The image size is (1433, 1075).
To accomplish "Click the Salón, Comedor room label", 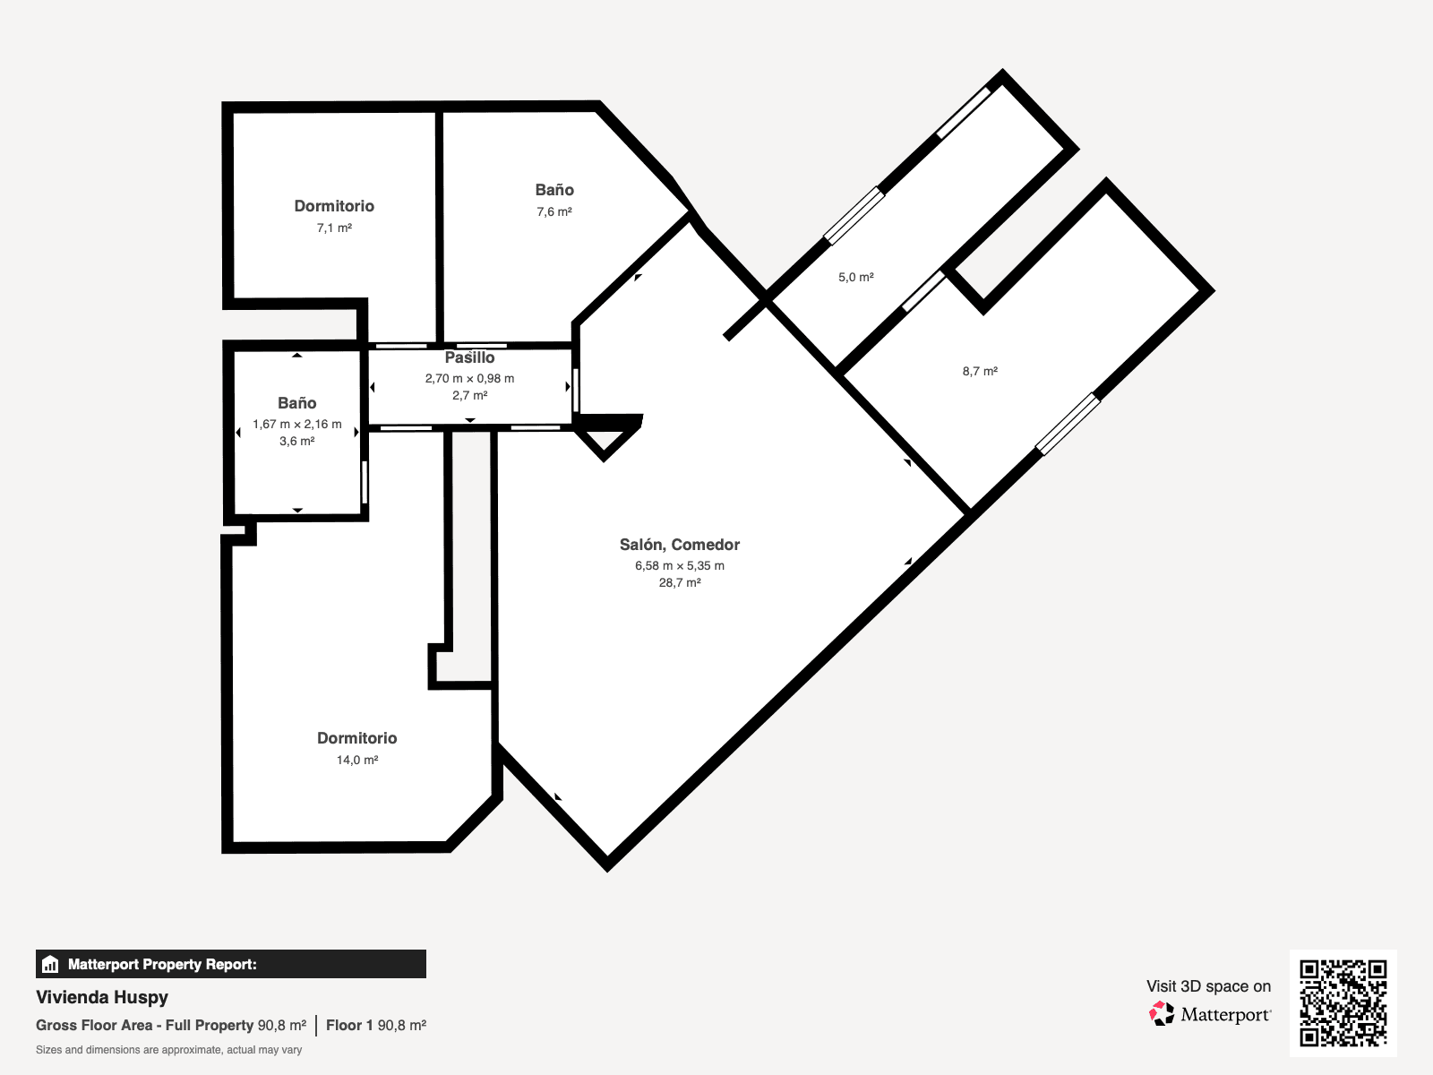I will tap(680, 545).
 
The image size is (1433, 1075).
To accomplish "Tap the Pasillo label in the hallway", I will tap(469, 357).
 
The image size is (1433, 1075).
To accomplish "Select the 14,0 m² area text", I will tap(357, 760).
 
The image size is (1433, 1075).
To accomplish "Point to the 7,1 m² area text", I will tap(334, 228).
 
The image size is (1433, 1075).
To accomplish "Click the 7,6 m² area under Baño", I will tap(554, 212).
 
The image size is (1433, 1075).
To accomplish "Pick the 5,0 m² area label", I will tap(856, 278).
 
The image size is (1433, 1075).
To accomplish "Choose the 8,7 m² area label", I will tap(980, 371).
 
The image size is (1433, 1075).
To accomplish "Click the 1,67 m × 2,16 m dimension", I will tap(297, 424).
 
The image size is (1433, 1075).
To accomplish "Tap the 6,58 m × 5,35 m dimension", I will tap(680, 565).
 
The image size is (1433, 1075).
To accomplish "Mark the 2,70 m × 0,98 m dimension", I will tap(469, 378).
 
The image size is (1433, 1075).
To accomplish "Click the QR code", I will tap(1343, 1002).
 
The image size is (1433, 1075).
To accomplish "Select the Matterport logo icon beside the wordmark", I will tap(1162, 1014).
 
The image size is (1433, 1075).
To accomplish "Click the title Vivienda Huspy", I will tap(102, 997).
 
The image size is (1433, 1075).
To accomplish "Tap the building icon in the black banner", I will tap(50, 964).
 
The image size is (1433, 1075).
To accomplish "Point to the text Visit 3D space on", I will tap(1208, 986).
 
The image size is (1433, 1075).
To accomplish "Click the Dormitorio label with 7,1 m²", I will tap(334, 206).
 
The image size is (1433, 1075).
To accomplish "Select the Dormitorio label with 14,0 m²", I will tap(357, 738).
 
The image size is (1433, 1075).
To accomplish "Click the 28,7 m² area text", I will tap(680, 582).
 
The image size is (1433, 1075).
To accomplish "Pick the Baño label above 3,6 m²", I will tap(296, 403).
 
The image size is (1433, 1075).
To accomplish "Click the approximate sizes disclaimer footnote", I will tap(168, 1050).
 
